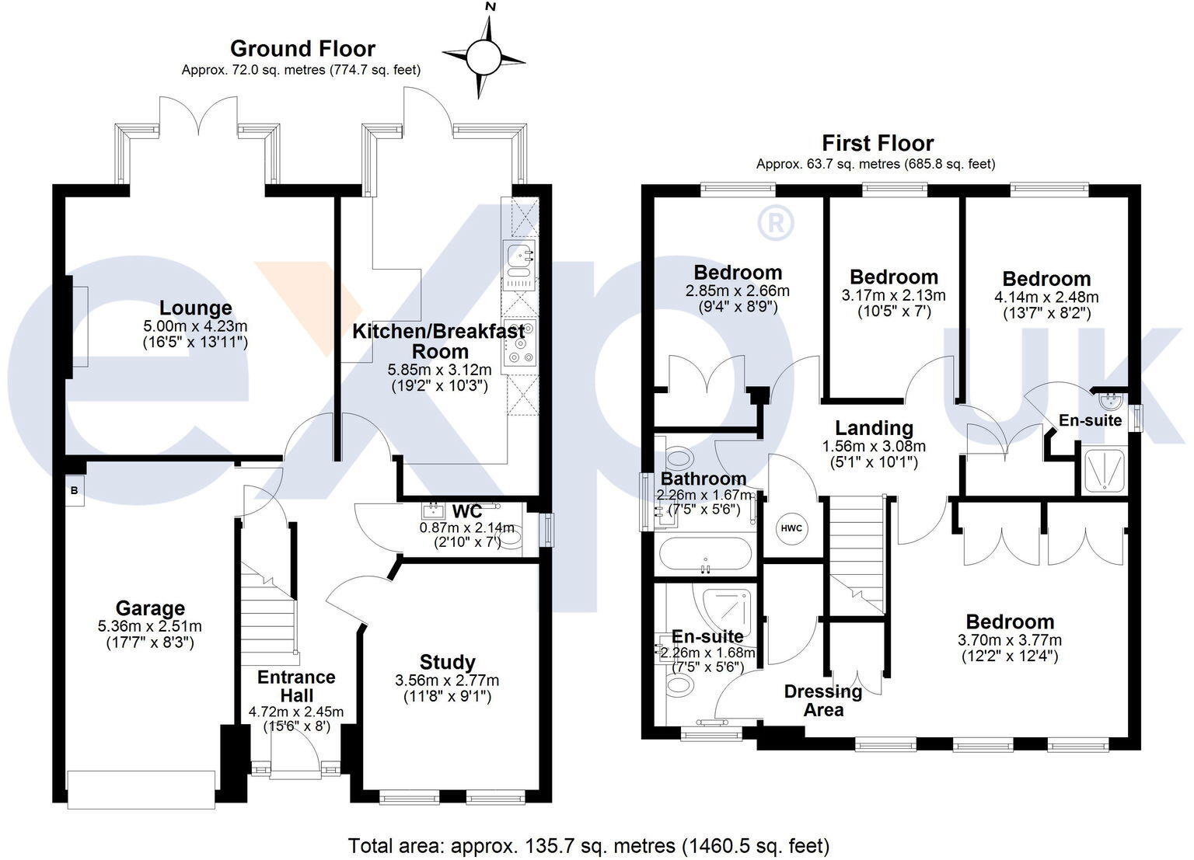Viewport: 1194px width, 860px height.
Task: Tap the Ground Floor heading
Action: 302,49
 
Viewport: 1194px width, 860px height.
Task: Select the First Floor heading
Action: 878,143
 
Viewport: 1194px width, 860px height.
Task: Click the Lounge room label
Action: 196,308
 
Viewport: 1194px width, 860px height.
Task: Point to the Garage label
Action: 150,608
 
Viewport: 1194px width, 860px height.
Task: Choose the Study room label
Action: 447,662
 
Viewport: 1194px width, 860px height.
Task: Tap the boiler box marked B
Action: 75,491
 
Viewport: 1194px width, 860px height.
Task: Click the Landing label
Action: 874,427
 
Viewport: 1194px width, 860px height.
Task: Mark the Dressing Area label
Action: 823,700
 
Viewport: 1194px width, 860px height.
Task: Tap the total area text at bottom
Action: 588,845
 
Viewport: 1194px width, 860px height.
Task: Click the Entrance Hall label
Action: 296,686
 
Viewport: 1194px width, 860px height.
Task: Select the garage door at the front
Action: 141,789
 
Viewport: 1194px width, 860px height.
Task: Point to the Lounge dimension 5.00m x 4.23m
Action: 195,326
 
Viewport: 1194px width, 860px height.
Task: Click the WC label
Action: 467,512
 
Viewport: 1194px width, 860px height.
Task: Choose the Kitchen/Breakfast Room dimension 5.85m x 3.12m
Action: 439,371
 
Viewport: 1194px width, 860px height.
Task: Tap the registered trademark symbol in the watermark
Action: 775,222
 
